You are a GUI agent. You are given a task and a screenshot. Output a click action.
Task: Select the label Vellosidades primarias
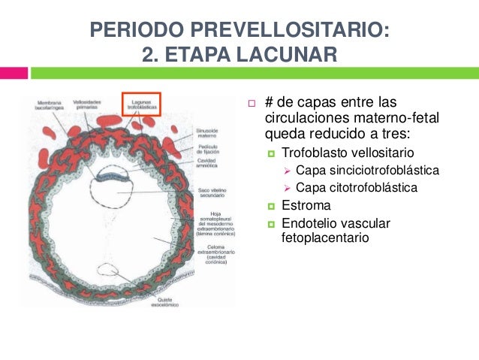(x=89, y=104)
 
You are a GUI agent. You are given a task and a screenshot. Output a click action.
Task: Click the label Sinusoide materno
(x=208, y=132)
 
